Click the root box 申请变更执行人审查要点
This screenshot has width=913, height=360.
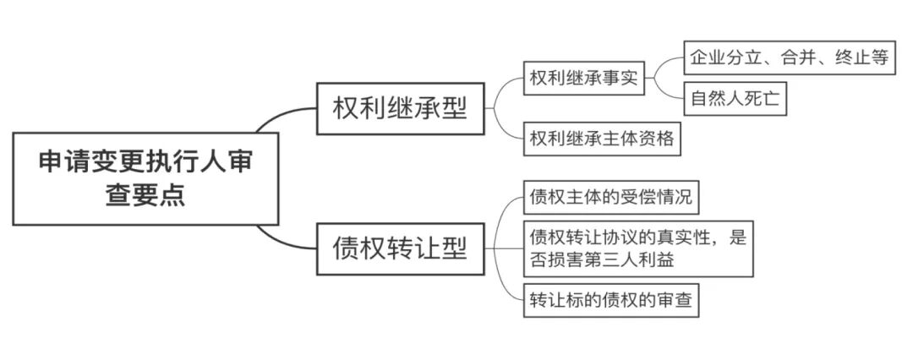145,177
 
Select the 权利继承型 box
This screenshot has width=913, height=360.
400,108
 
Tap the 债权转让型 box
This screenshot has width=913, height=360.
400,249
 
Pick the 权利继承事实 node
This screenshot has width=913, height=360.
583,79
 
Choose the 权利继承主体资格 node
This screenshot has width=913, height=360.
602,139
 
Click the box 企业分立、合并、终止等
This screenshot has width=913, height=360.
789,58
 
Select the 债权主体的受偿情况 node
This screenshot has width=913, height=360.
610,199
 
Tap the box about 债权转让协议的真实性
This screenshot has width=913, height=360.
637,248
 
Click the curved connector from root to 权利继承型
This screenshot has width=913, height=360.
283,116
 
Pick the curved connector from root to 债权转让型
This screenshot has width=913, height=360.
283,240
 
